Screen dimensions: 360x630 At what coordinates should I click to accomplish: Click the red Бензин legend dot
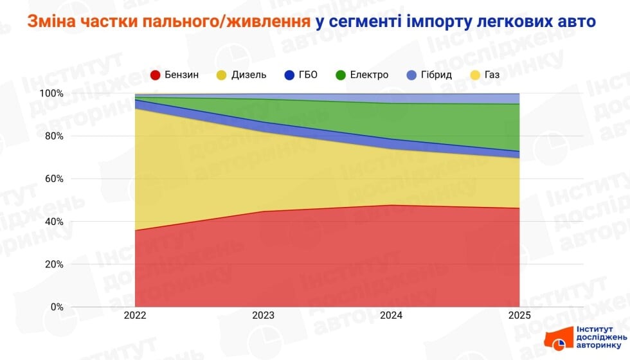(155, 75)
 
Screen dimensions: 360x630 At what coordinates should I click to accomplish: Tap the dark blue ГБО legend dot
(289, 75)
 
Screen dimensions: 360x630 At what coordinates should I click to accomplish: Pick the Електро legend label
(369, 75)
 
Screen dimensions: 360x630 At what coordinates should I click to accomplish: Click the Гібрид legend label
(437, 75)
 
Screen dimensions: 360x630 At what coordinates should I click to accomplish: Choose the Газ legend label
(492, 75)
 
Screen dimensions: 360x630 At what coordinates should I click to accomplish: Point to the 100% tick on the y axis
(51, 93)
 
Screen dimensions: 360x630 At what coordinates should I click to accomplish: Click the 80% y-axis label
(53, 136)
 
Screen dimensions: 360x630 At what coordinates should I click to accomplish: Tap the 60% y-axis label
(53, 179)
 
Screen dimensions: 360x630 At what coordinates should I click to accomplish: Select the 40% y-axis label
(53, 222)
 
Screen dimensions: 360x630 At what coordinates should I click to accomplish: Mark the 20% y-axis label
(53, 264)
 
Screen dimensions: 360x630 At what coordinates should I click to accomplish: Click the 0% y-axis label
(56, 307)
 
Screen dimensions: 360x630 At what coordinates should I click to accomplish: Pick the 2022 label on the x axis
(136, 316)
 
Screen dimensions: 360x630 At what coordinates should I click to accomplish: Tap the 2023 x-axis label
(264, 316)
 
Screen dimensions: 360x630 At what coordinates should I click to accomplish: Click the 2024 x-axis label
(392, 316)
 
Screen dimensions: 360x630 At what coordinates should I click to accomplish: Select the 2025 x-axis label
(519, 316)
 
